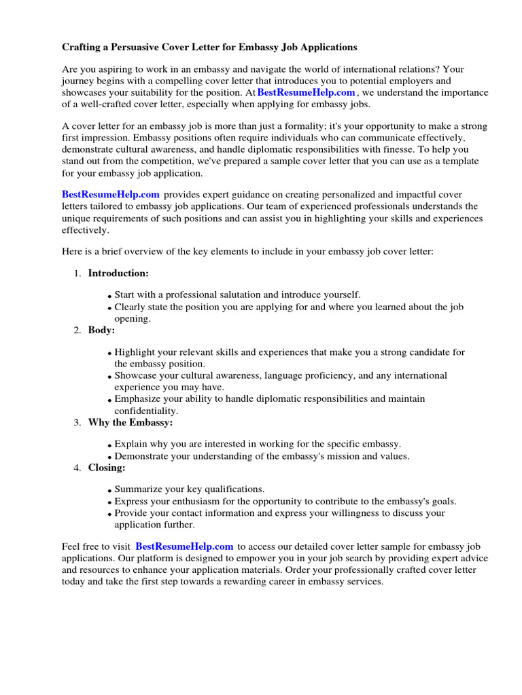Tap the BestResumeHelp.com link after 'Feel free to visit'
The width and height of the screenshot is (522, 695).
coord(184,546)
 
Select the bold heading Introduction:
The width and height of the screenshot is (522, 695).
coord(118,273)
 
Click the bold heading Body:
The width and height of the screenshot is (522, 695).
coord(101,330)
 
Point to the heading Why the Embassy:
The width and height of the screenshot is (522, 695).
coord(130,422)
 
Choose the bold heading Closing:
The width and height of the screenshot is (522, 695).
coord(107,467)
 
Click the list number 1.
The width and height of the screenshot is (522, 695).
coord(76,273)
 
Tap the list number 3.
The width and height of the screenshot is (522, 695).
coord(76,422)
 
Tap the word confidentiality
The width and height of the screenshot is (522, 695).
coord(146,411)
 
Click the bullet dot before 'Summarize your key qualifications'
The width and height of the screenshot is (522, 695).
coord(109,490)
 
